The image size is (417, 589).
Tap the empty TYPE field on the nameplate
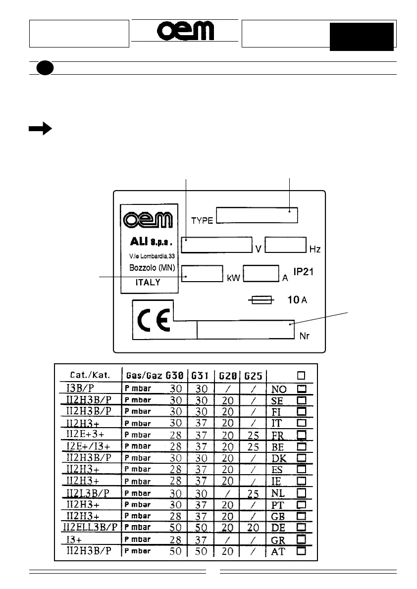click(257, 216)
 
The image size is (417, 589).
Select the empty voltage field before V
click(216, 245)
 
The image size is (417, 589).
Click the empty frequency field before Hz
click(285, 245)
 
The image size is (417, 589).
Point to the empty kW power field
click(202, 274)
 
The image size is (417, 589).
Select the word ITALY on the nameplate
click(148, 282)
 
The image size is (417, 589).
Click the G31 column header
click(201, 375)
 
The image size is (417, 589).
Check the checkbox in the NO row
click(301, 388)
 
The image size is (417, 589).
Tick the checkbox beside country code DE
click(301, 527)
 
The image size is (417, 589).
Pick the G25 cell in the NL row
click(253, 492)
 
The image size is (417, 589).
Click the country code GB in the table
click(278, 516)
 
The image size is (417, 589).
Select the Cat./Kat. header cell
click(88, 375)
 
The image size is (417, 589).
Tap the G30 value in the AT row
click(175, 551)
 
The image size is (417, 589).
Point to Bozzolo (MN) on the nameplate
click(149, 267)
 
